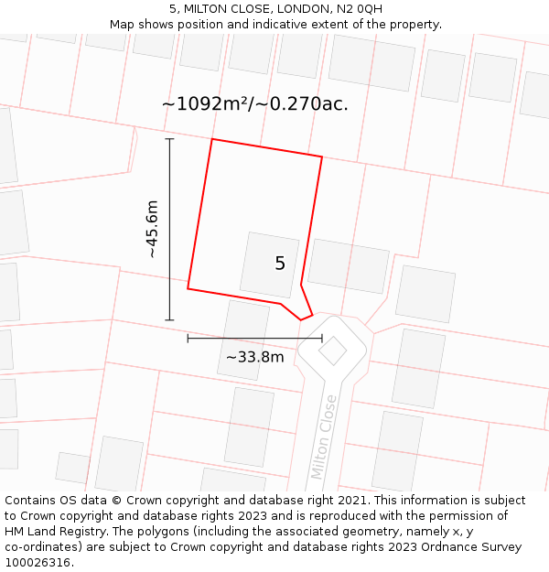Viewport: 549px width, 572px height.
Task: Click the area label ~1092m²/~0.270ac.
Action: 254,104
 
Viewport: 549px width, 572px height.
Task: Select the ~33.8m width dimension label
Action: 254,357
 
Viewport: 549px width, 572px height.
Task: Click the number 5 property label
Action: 280,264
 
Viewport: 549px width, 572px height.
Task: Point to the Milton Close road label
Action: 324,437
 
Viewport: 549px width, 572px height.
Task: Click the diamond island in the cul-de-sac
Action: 332,350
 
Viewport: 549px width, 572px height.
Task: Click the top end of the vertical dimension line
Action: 169,139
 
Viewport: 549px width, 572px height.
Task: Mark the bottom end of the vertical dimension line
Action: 169,320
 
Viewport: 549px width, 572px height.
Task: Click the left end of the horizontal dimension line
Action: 188,339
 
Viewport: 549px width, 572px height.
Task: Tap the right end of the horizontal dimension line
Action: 322,339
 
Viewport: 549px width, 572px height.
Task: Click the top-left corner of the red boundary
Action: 212,139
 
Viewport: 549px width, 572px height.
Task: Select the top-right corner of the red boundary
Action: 322,156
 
